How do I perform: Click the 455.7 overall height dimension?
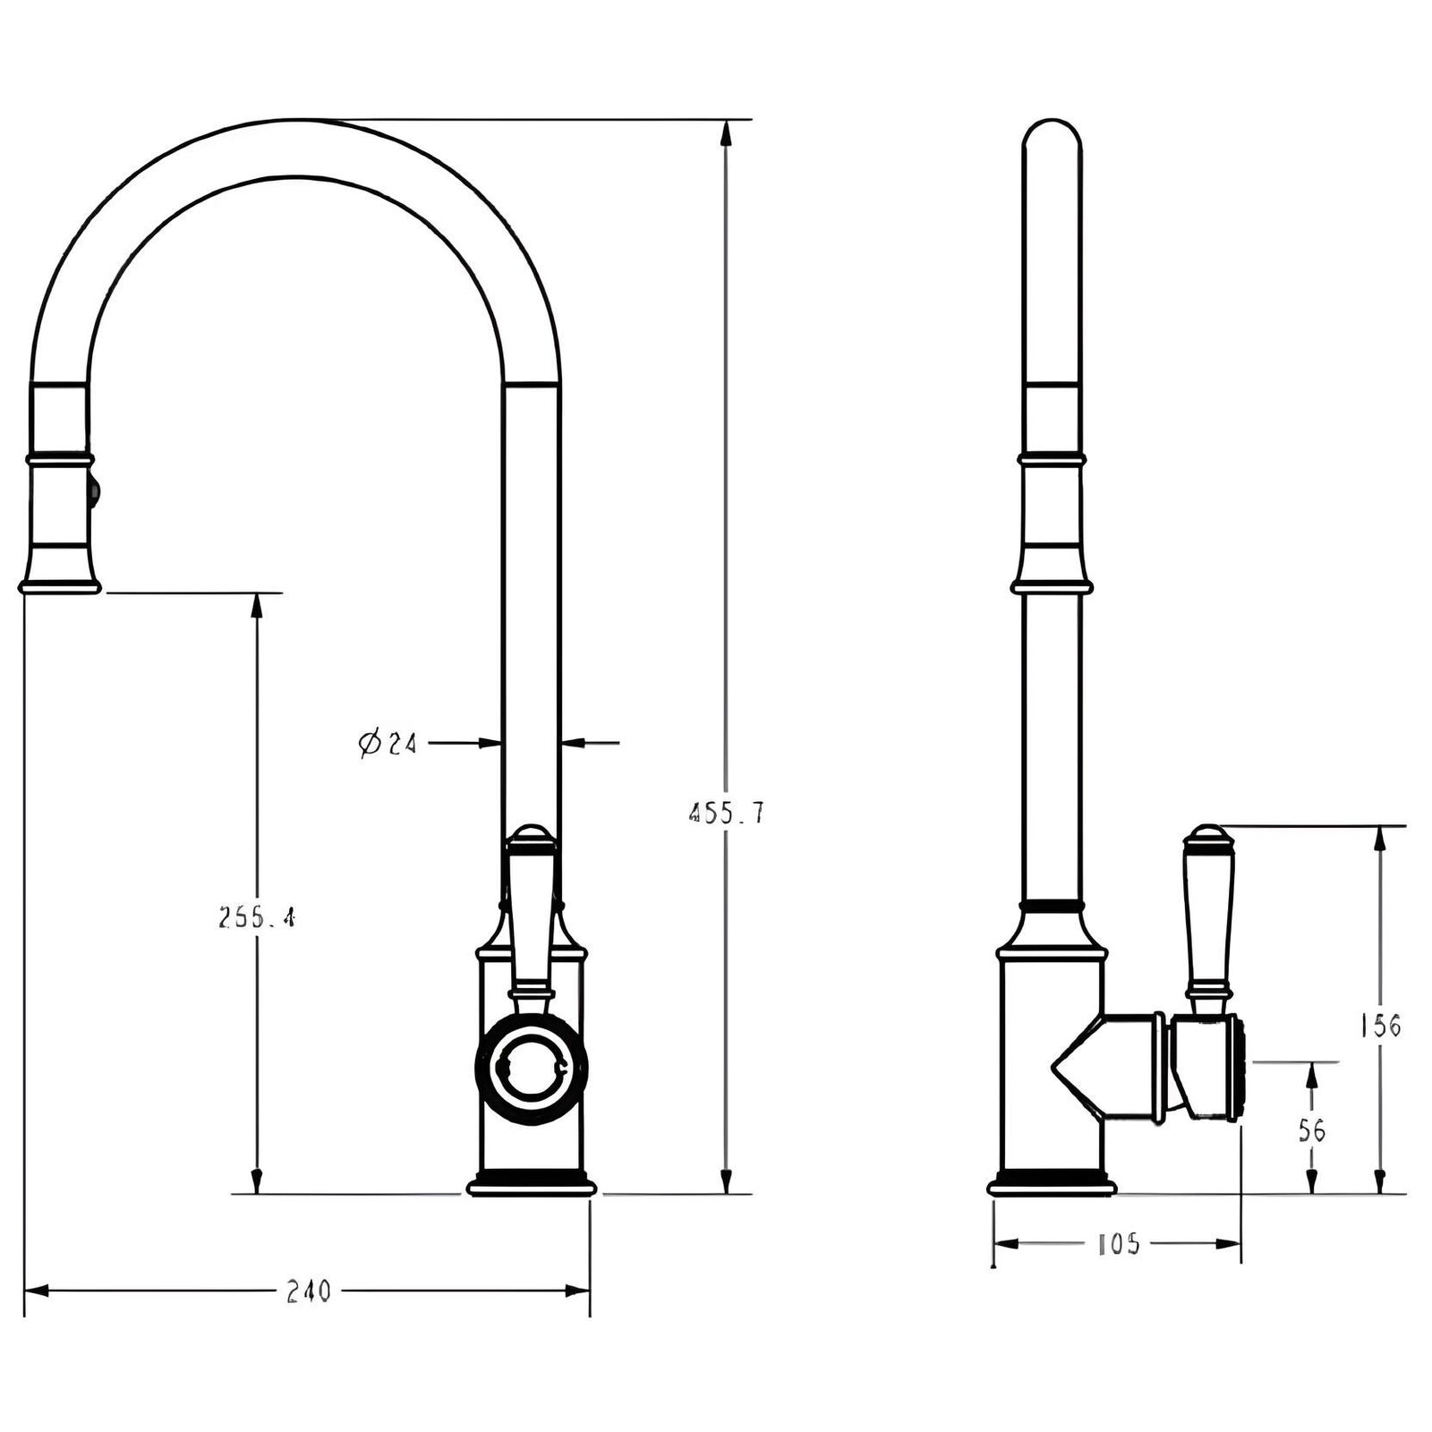pyautogui.click(x=726, y=813)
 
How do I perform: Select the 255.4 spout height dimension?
pyautogui.click(x=257, y=917)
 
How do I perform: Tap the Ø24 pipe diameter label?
pyautogui.click(x=388, y=743)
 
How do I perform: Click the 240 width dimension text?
pyautogui.click(x=308, y=1291)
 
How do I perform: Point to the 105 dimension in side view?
pyautogui.click(x=1117, y=1244)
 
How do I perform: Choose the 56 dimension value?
pyautogui.click(x=1311, y=1131)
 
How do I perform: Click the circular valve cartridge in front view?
pyautogui.click(x=532, y=1065)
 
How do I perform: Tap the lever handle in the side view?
pyautogui.click(x=1209, y=922)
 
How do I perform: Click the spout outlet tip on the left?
pyautogui.click(x=59, y=586)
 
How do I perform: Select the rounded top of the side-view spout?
pyautogui.click(x=1052, y=134)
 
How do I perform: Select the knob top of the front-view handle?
pyautogui.click(x=532, y=838)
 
